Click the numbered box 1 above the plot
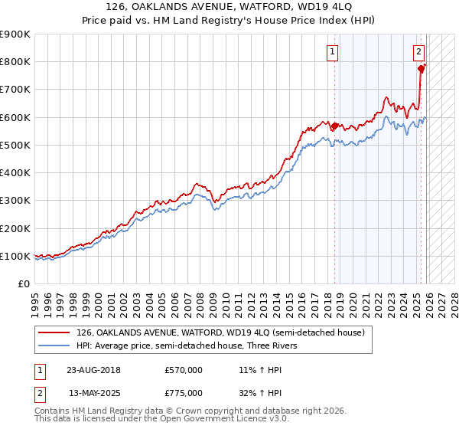pos(333,52)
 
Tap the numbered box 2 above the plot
pos(419,52)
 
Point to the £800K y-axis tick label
pos(15,62)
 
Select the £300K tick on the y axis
pos(15,201)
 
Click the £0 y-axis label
pos(23,283)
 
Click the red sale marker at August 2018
pos(334,126)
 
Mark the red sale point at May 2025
pos(421,69)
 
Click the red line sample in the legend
pos(55,332)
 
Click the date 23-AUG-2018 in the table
pos(94,369)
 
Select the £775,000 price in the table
pos(184,392)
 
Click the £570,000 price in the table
pos(184,369)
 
